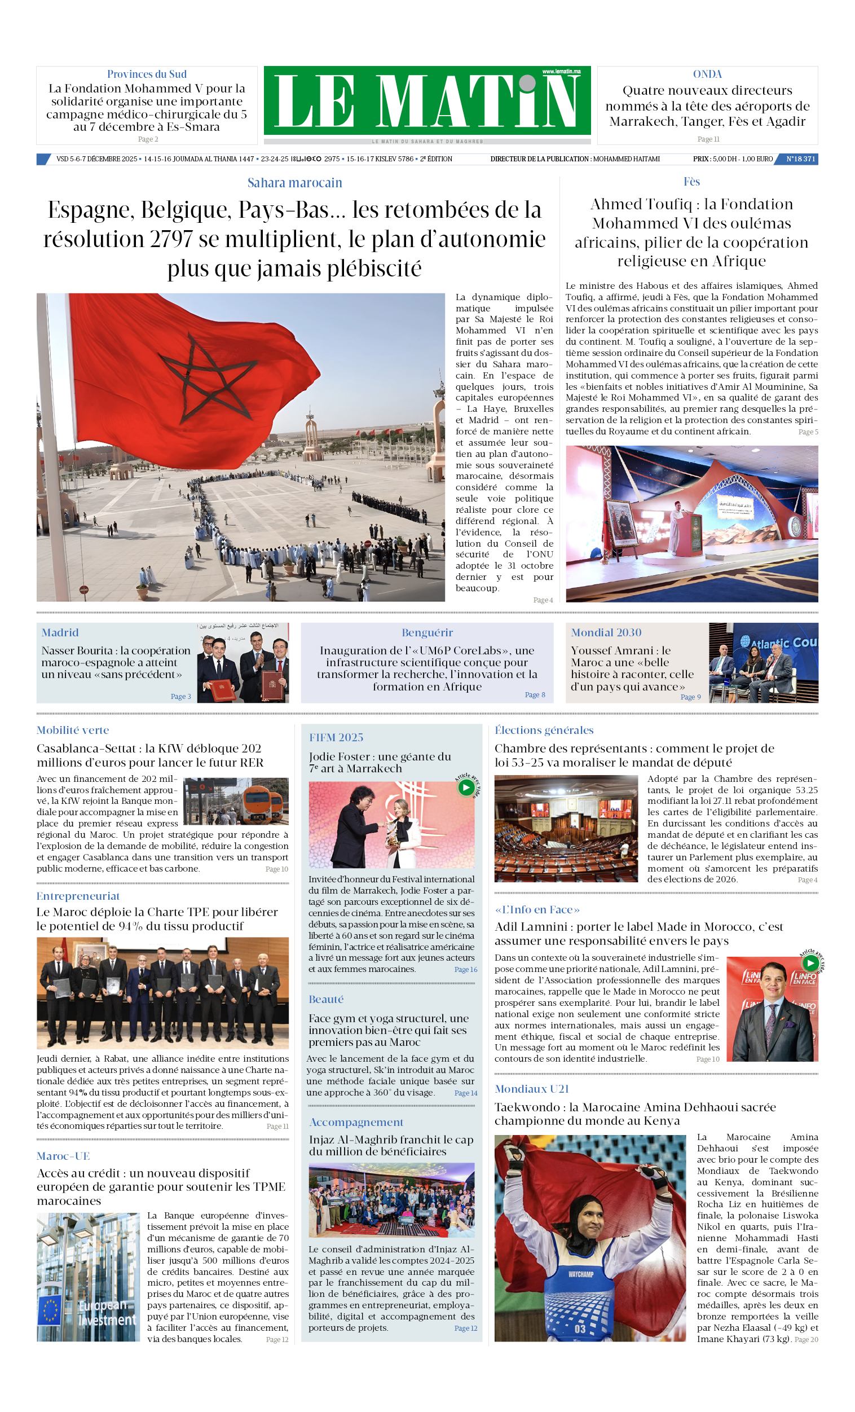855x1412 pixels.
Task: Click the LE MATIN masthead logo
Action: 427,101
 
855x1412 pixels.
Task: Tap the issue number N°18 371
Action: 800,159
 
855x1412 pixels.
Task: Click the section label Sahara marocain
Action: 294,183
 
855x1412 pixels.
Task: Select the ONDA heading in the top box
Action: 707,74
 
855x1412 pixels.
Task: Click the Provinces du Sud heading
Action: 147,74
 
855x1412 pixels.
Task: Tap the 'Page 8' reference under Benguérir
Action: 535,694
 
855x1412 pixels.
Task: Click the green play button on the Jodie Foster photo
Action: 466,788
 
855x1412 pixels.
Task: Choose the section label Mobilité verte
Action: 73,730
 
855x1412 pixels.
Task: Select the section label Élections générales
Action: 544,730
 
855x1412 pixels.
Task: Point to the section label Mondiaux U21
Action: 532,1089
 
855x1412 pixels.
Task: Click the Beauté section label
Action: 326,1000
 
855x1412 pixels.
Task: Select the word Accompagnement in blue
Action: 356,1122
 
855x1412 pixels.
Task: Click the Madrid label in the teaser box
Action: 60,632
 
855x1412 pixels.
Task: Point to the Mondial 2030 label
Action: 606,632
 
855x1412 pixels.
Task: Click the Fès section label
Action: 691,182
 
